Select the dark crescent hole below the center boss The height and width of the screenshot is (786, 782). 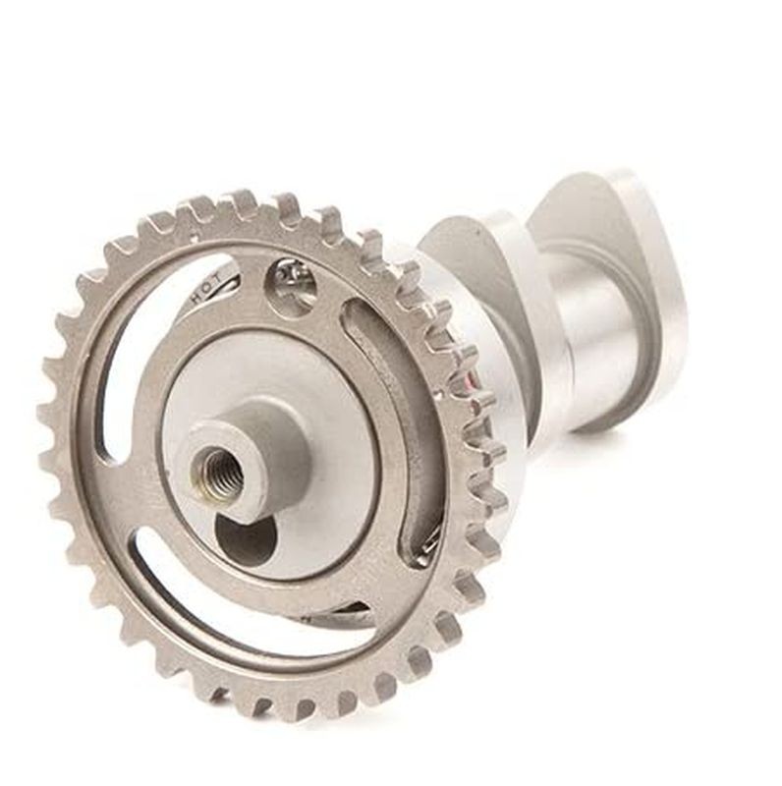(246, 538)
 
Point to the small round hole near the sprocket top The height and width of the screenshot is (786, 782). (292, 286)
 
